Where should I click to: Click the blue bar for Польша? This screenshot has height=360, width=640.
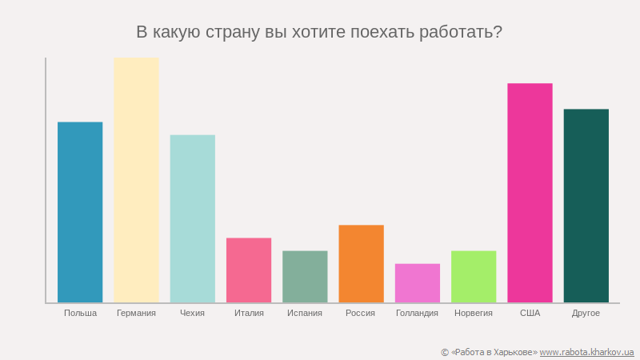[80, 212]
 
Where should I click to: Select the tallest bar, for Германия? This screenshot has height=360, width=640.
[136, 180]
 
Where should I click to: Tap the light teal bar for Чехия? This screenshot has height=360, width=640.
[193, 218]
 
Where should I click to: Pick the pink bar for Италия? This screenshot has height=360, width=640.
[249, 270]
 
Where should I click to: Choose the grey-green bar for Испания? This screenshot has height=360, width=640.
[305, 277]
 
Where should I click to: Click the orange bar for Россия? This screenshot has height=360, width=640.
[361, 264]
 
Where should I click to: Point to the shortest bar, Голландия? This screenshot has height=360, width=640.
[418, 283]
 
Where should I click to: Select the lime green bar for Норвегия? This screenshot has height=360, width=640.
[474, 277]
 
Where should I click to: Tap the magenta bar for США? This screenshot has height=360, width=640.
[530, 193]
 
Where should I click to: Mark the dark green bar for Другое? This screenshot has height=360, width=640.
[586, 206]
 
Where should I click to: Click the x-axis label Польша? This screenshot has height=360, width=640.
[80, 313]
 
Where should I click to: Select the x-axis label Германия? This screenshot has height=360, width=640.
[136, 313]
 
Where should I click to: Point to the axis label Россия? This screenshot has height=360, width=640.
[361, 313]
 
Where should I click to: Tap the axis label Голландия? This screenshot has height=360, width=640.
[418, 313]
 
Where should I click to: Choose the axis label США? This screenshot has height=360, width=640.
[530, 313]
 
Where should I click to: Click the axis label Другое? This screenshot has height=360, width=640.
[586, 313]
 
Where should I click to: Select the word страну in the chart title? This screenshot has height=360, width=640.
[233, 33]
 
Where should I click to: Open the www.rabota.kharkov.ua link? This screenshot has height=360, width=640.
[586, 352]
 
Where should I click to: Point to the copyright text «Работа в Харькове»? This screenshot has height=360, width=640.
[494, 352]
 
